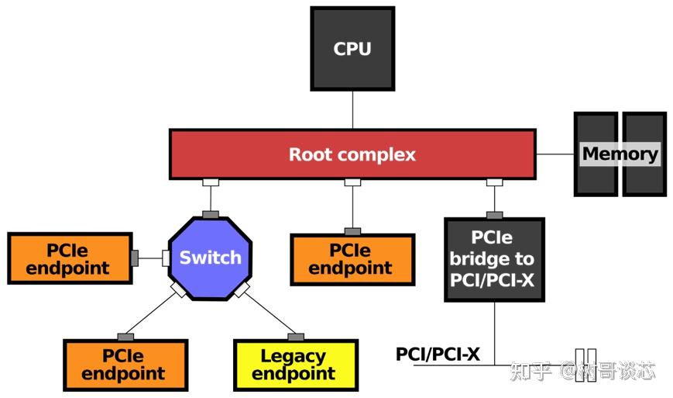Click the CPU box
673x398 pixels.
pyautogui.click(x=352, y=48)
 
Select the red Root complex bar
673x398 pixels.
pyautogui.click(x=352, y=154)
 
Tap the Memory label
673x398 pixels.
pyautogui.click(x=620, y=154)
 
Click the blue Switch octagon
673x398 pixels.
pyautogui.click(x=211, y=258)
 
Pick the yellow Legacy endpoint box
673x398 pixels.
pyautogui.click(x=296, y=365)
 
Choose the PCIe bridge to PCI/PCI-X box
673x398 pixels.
pyautogui.click(x=494, y=259)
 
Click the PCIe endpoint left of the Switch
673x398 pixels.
pyautogui.click(x=69, y=258)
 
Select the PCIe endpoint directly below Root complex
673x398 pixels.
pyautogui.click(x=352, y=259)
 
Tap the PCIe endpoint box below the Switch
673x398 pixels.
pyautogui.click(x=125, y=364)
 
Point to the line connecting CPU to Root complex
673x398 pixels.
pyautogui.click(x=352, y=109)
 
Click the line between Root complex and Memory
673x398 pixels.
pyautogui.click(x=555, y=154)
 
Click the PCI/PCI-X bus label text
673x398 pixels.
pyautogui.click(x=438, y=355)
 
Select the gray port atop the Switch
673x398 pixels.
pyautogui.click(x=211, y=214)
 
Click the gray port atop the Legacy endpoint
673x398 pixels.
pyautogui.click(x=296, y=337)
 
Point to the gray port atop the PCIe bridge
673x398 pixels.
pyautogui.click(x=494, y=215)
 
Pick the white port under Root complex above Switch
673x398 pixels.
pyautogui.click(x=211, y=182)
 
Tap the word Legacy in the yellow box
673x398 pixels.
pyautogui.click(x=293, y=356)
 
